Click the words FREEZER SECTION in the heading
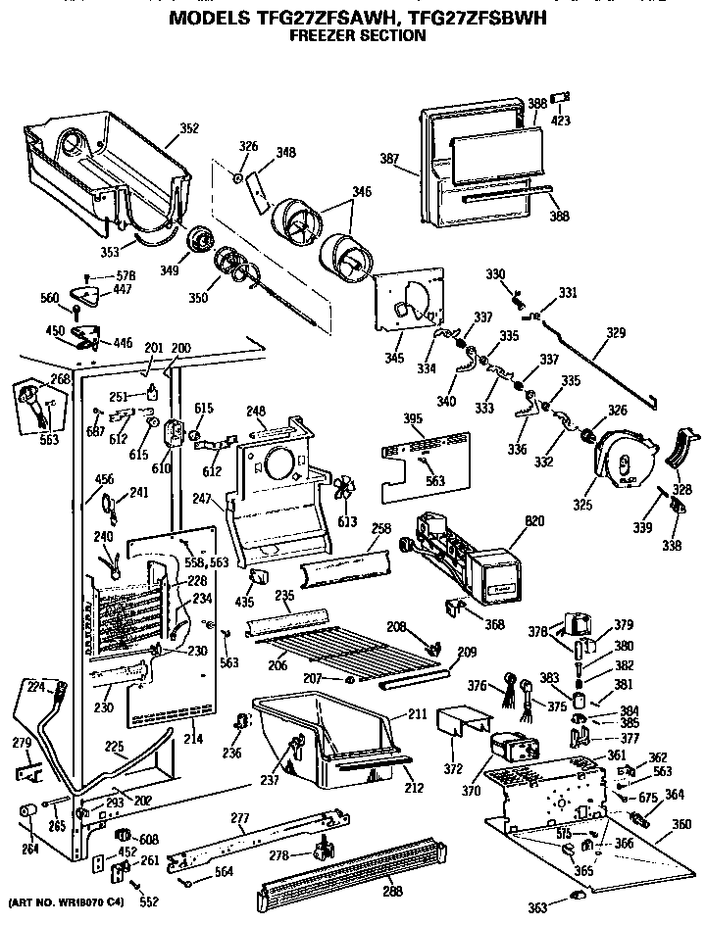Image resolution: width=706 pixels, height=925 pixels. pyautogui.click(x=356, y=36)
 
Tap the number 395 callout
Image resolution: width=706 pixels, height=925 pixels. pyautogui.click(x=413, y=419)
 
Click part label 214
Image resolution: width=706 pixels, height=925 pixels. pyautogui.click(x=193, y=738)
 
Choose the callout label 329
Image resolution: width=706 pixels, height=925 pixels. pyautogui.click(x=615, y=334)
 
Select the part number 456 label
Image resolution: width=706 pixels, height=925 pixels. pyautogui.click(x=103, y=478)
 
